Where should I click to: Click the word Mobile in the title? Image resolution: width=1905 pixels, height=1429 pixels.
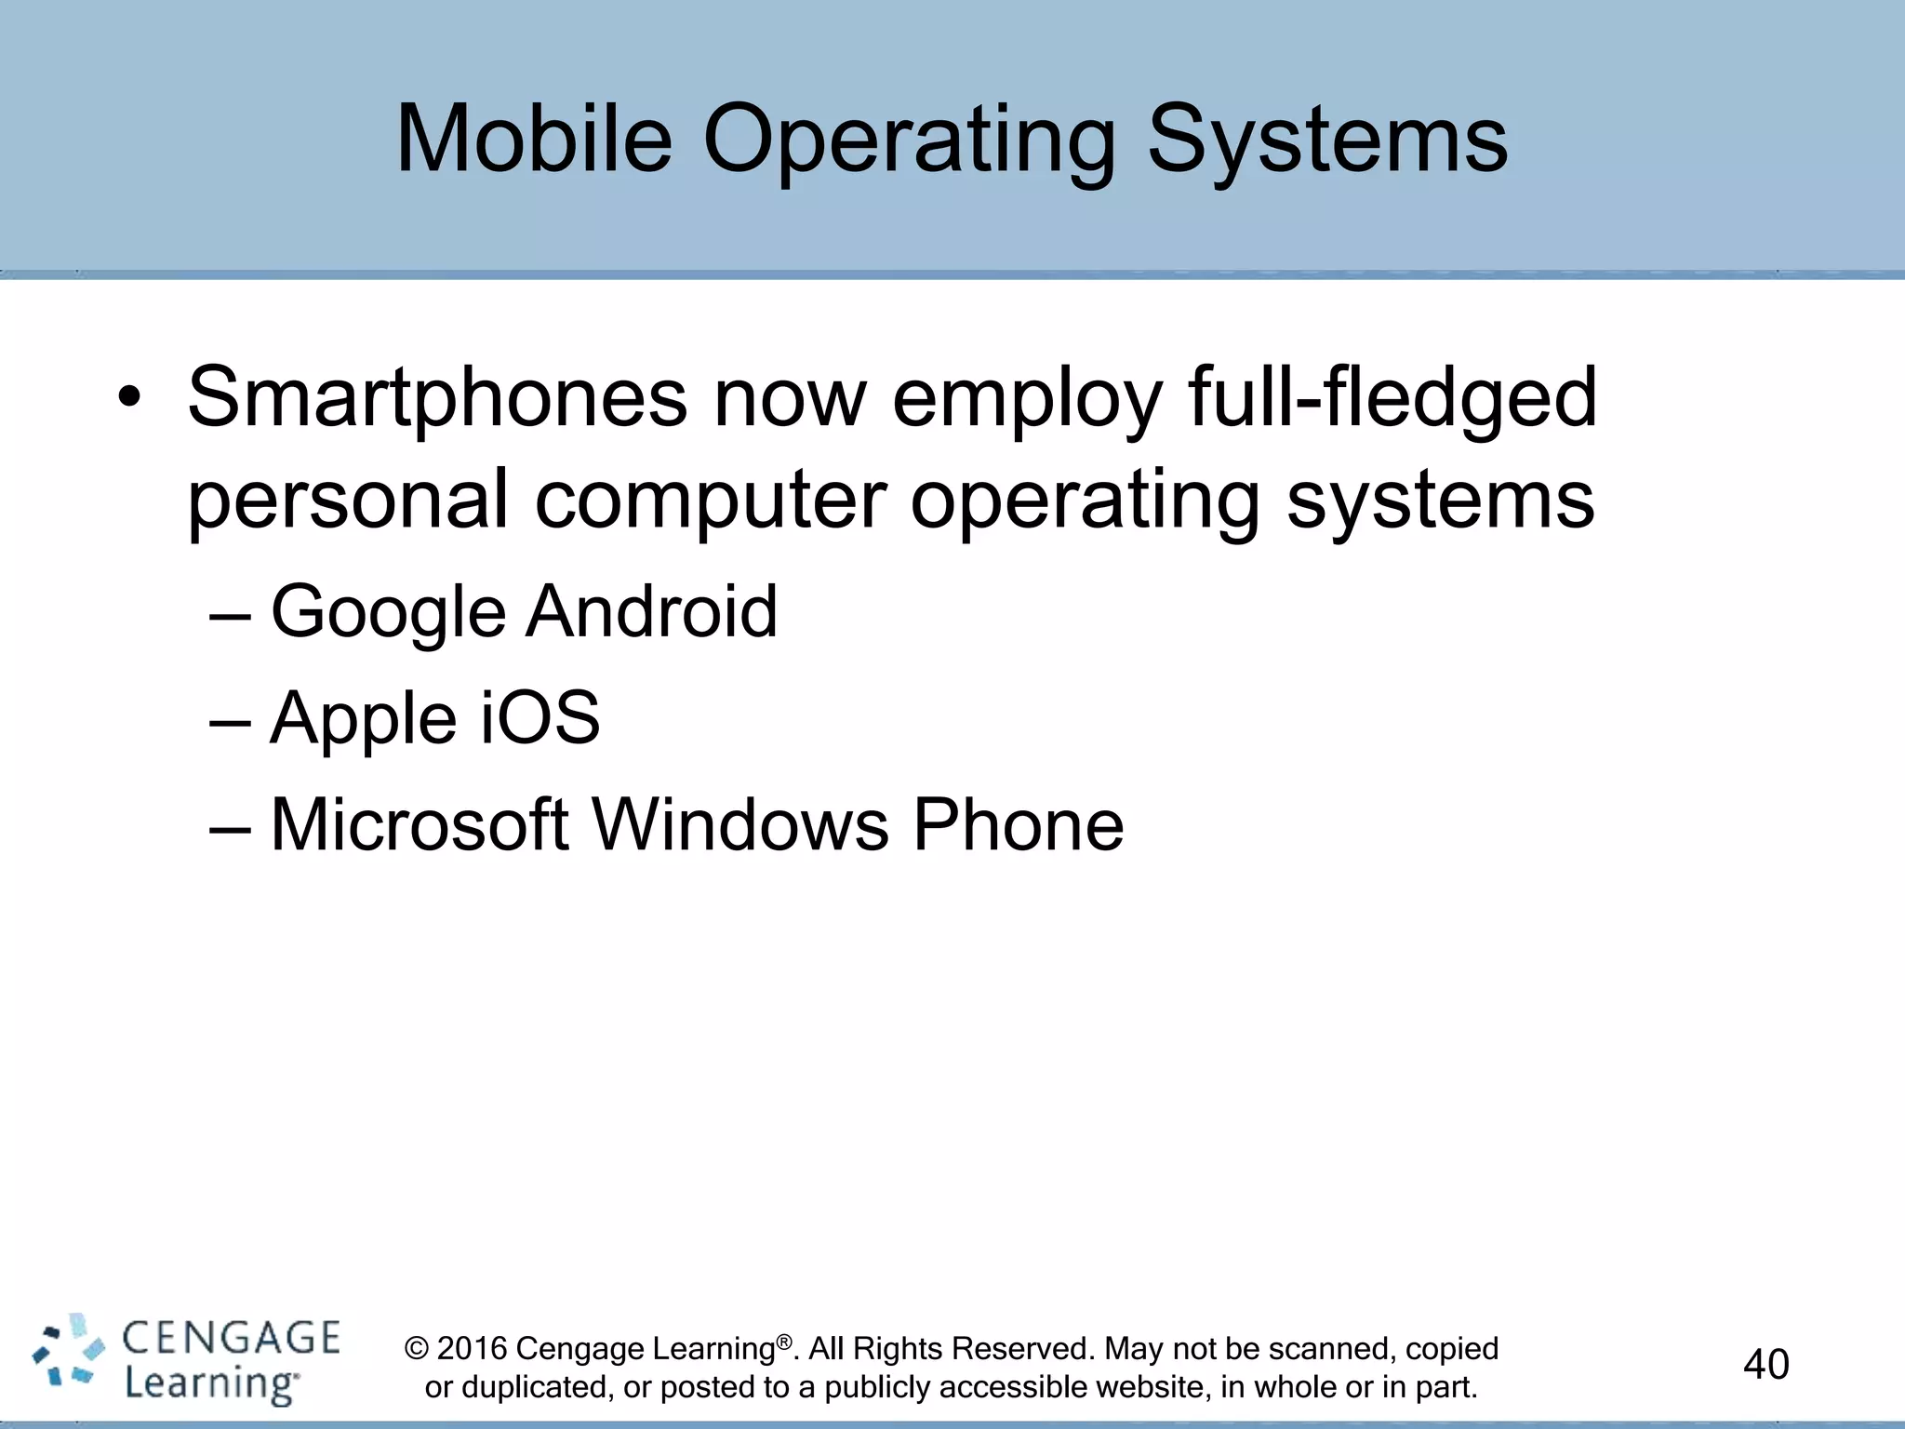(x=534, y=139)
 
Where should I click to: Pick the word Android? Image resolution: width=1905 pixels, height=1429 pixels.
(x=651, y=611)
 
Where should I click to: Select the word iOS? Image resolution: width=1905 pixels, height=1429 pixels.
(x=540, y=717)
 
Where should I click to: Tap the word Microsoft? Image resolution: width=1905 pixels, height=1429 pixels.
(x=419, y=824)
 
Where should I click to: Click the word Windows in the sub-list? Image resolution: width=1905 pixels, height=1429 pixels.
(x=740, y=824)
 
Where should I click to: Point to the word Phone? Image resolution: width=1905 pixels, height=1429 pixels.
(x=1018, y=824)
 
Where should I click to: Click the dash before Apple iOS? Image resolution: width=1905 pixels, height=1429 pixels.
(x=230, y=721)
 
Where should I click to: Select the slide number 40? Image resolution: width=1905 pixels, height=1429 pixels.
(x=1765, y=1364)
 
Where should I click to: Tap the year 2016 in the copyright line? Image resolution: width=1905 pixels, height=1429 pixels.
(x=472, y=1348)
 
